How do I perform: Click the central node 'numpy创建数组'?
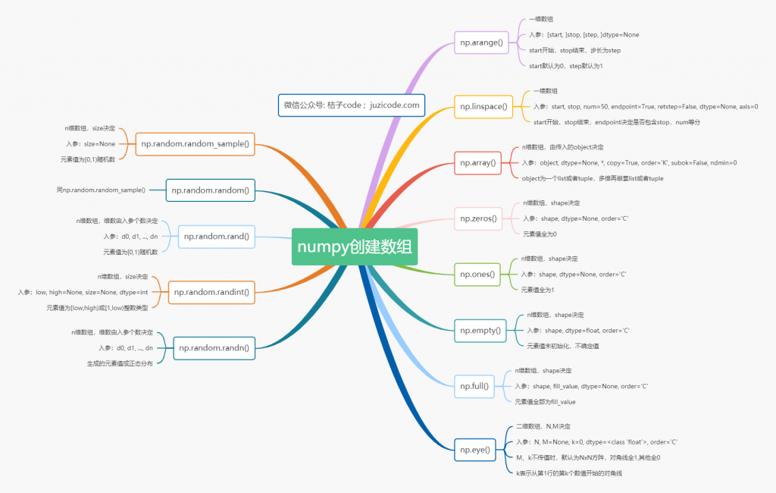click(355, 246)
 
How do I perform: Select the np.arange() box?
click(481, 42)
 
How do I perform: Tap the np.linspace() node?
click(483, 106)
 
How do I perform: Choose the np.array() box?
click(477, 163)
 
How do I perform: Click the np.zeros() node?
click(478, 218)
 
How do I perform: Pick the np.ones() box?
click(477, 275)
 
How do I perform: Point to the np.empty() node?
click(480, 331)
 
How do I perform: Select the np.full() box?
click(474, 387)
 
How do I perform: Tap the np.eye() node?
click(475, 450)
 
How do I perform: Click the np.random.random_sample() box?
click(195, 144)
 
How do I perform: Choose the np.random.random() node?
click(211, 190)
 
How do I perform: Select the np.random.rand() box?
click(217, 237)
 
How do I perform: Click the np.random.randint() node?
click(211, 292)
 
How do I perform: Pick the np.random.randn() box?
click(214, 348)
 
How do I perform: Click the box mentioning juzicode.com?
click(352, 105)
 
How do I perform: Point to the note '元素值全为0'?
click(540, 234)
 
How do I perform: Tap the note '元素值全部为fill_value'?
click(545, 402)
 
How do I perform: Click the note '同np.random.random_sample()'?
click(101, 190)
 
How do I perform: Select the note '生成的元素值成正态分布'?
click(120, 363)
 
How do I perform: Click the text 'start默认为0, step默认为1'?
click(565, 66)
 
